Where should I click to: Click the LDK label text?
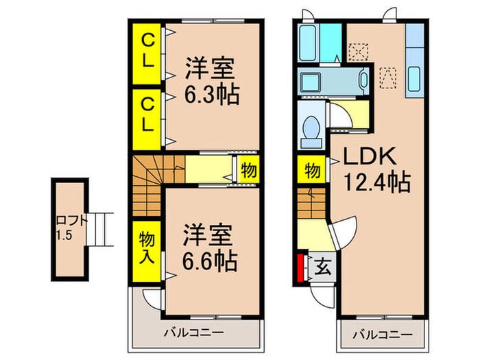click(x=370, y=157)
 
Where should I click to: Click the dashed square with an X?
click(x=357, y=51)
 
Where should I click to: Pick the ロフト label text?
click(x=71, y=221)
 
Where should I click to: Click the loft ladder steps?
click(x=99, y=229)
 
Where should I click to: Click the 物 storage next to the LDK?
click(x=311, y=170)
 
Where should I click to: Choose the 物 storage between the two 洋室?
click(x=248, y=171)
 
